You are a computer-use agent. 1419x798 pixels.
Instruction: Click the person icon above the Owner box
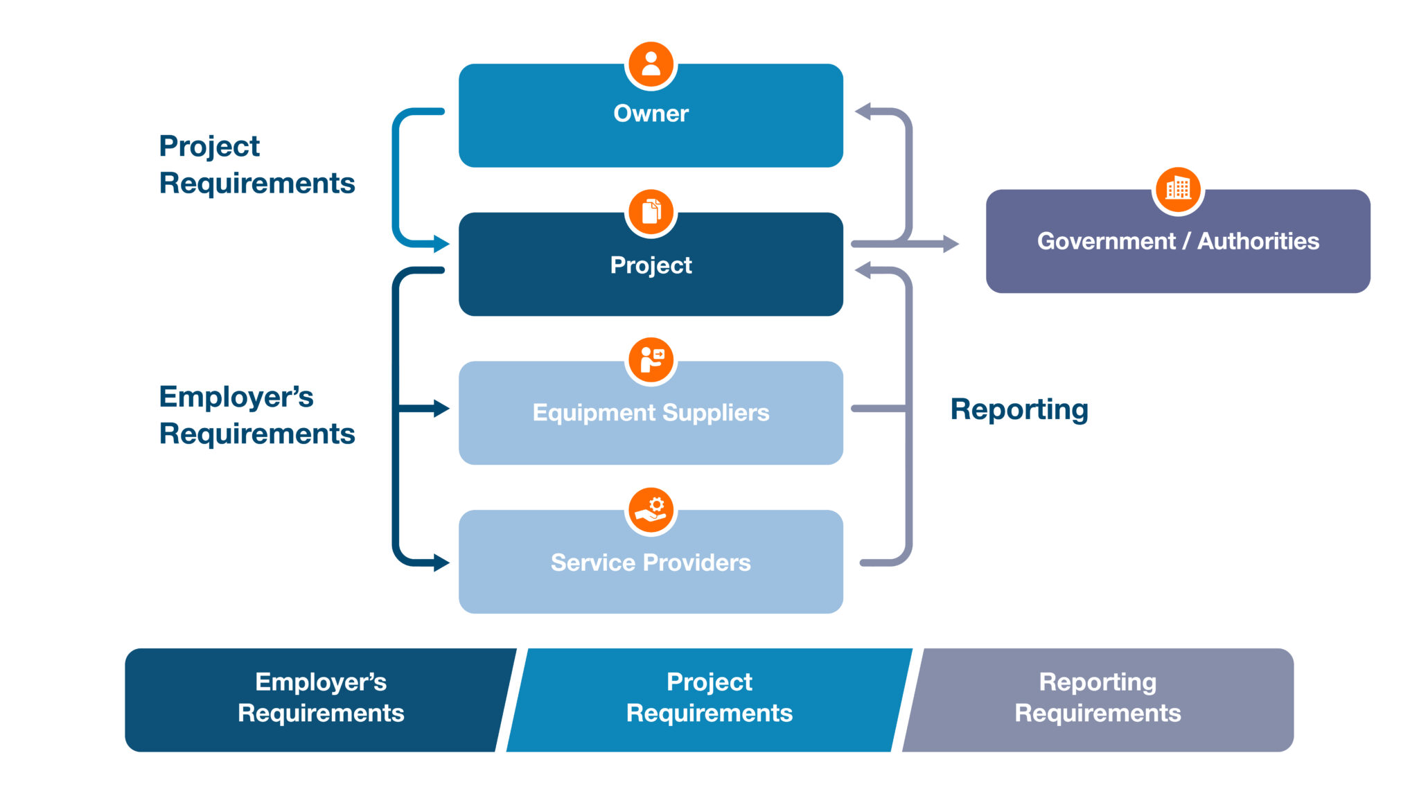[651, 64]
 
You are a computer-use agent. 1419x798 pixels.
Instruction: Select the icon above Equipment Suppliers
[651, 360]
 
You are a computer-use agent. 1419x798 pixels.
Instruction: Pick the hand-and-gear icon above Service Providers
[651, 510]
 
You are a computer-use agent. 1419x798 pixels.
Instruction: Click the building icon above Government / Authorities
[1178, 188]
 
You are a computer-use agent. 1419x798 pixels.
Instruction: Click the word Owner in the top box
[651, 113]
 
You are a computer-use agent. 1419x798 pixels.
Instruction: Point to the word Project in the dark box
[651, 265]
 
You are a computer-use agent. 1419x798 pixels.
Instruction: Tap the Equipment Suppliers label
[651, 412]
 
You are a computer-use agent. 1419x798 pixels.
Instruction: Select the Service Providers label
[651, 562]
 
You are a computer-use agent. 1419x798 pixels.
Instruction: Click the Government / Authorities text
[1178, 241]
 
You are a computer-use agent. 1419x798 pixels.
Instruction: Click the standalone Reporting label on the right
[1019, 409]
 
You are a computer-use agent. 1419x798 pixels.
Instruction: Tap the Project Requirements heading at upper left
[256, 165]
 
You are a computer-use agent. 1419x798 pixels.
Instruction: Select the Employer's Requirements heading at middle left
[256, 415]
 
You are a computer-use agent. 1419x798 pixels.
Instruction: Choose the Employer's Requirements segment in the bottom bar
[320, 698]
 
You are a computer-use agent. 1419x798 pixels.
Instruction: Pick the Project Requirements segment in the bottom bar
[709, 698]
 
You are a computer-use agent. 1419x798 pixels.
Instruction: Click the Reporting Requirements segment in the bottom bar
[1098, 698]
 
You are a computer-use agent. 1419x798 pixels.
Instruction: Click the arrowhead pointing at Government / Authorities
[951, 244]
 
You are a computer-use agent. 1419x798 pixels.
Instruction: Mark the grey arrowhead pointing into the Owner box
[863, 112]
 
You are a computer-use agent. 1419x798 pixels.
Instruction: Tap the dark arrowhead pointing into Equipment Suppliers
[441, 409]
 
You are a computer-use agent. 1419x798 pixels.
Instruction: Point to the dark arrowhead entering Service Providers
[441, 562]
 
